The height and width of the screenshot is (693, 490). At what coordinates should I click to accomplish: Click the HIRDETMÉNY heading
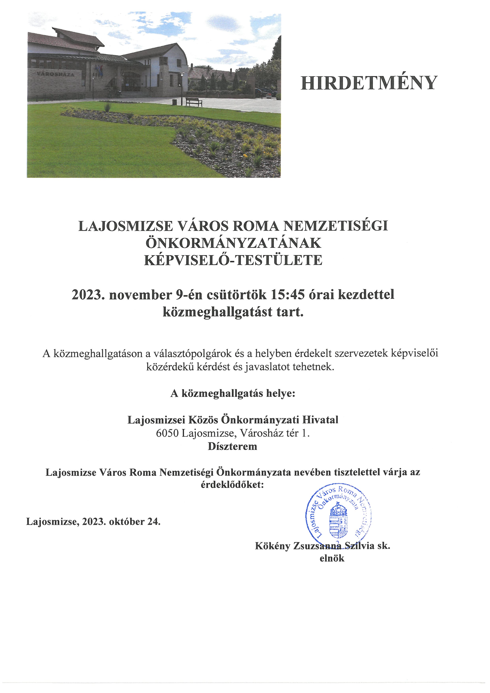pyautogui.click(x=369, y=83)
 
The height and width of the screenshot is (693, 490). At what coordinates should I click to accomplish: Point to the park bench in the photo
pyautogui.click(x=194, y=102)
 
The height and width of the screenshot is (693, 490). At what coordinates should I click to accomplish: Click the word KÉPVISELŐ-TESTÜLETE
pyautogui.click(x=233, y=260)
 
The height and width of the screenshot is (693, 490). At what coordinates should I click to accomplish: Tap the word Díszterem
pyautogui.click(x=232, y=446)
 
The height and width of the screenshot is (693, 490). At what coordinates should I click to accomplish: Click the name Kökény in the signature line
pyautogui.click(x=272, y=546)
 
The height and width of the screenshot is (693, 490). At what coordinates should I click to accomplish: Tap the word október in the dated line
pyautogui.click(x=126, y=521)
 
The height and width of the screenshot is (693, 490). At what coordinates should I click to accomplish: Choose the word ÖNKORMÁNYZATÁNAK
pyautogui.click(x=233, y=243)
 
